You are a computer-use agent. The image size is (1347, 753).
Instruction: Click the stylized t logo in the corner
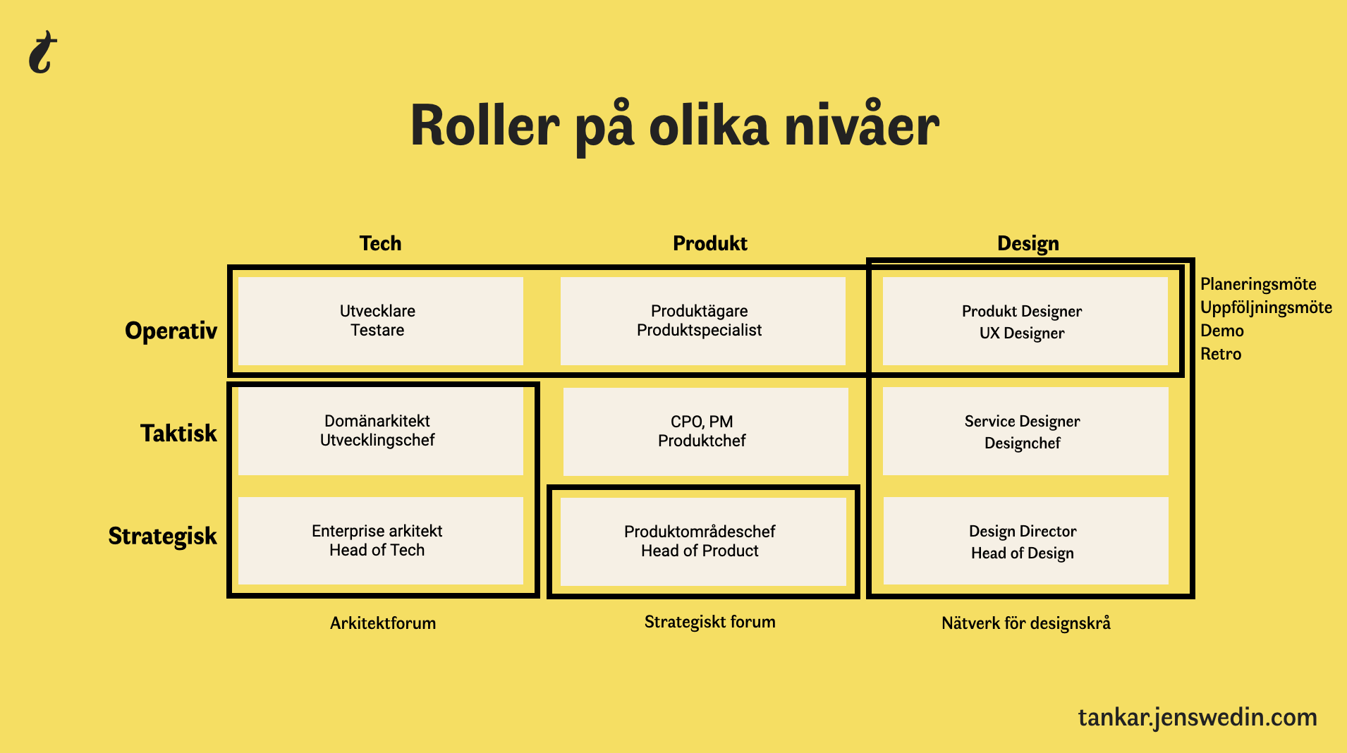click(x=43, y=52)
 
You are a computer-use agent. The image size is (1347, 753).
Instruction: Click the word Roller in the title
click(x=484, y=126)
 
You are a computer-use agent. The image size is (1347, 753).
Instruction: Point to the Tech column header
click(x=380, y=243)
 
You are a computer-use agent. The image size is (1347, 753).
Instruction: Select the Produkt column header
click(x=709, y=243)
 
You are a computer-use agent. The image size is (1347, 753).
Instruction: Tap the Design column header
click(x=1028, y=244)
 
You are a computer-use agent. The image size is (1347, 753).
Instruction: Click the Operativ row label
click(x=171, y=331)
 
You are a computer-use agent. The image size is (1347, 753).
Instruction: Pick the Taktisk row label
click(x=178, y=433)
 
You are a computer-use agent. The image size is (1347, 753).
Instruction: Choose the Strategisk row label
click(x=162, y=536)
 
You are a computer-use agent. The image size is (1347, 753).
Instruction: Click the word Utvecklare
click(x=377, y=311)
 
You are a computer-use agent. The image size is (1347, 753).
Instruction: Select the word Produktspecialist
click(x=699, y=330)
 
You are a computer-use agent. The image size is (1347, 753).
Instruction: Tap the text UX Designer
click(x=1022, y=333)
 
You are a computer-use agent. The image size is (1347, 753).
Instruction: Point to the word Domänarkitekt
click(x=377, y=421)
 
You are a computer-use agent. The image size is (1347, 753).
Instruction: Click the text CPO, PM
click(x=702, y=422)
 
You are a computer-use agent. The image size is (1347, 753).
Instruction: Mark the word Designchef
click(x=1022, y=443)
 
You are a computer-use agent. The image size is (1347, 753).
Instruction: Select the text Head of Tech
click(x=377, y=550)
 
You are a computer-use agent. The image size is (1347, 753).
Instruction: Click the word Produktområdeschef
click(x=700, y=532)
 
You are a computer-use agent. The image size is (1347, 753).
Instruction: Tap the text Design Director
click(x=1023, y=532)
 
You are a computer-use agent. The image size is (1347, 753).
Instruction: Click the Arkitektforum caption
click(x=383, y=623)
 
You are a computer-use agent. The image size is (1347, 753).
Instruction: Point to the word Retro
click(x=1221, y=354)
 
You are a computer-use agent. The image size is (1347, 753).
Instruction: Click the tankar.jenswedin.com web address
click(x=1197, y=718)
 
